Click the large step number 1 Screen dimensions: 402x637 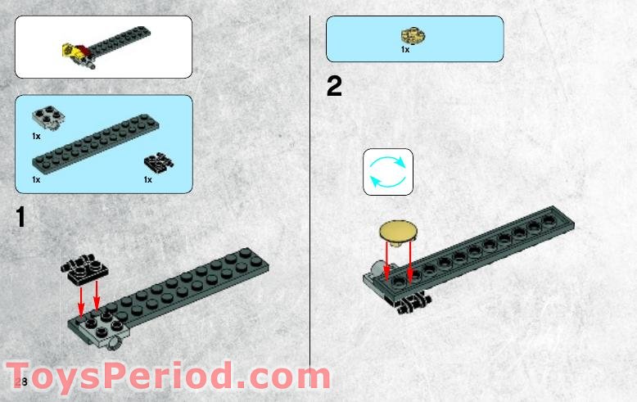pos(21,218)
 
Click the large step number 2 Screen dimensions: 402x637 pos(334,87)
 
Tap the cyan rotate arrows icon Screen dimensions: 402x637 pos(388,172)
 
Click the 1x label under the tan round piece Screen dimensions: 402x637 pos(404,50)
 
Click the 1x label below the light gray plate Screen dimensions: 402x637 pos(36,136)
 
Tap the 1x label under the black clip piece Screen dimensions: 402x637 pos(148,178)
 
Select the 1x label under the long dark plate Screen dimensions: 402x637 pos(36,178)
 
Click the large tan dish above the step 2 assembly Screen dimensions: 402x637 pos(397,233)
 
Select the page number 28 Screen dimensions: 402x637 pos(20,382)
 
